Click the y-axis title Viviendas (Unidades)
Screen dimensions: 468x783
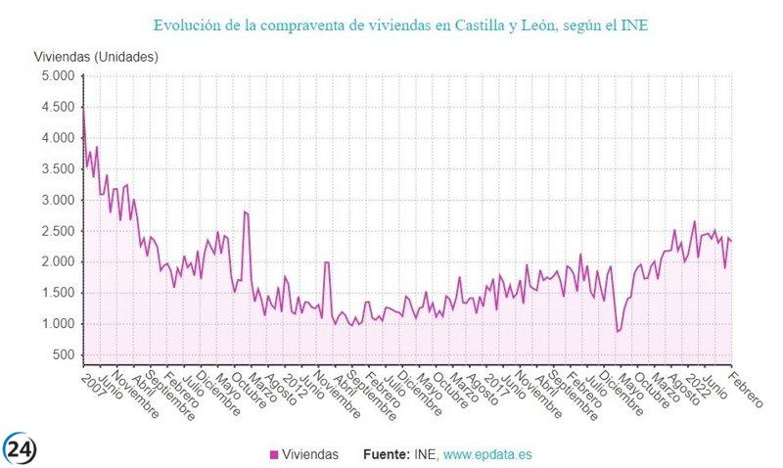(x=95, y=56)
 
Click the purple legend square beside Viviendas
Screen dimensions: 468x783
(x=273, y=454)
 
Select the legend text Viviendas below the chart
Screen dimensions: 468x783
(x=310, y=454)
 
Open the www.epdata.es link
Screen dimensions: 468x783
(x=487, y=454)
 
